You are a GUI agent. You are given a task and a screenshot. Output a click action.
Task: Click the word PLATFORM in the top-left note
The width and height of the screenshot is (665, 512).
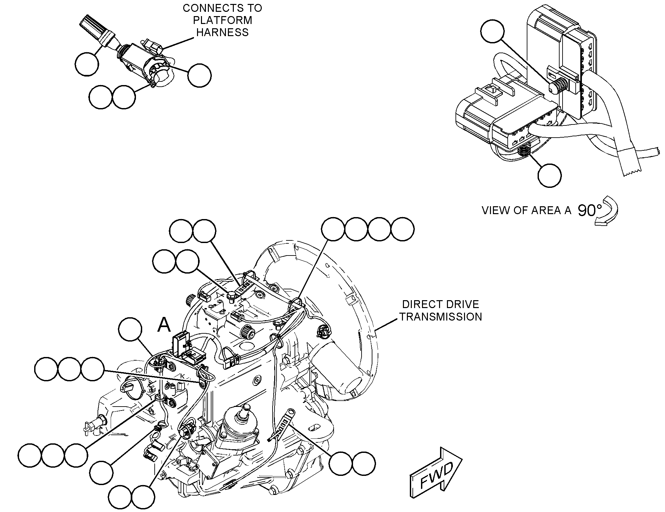[x=222, y=20]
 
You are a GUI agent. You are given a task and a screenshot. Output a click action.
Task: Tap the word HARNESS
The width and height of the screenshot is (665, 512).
[x=222, y=32]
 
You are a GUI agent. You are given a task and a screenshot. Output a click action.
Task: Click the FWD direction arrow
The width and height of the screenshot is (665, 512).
[x=436, y=473]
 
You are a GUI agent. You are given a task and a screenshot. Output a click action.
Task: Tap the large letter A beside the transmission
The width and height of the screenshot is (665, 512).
[x=164, y=325]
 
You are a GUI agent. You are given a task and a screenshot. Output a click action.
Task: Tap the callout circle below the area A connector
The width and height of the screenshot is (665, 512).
[x=549, y=175]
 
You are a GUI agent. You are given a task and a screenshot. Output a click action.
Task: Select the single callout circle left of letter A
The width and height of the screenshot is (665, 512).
[x=130, y=329]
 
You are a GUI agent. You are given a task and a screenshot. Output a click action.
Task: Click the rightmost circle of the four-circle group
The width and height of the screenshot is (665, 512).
[x=402, y=229]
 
